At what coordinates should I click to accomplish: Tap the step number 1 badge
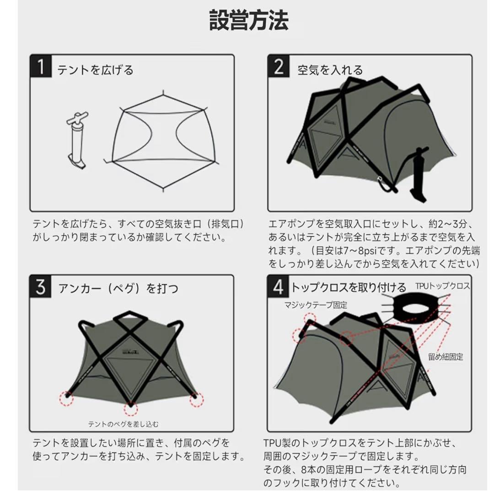point(41,67)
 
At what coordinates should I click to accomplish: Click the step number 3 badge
point(41,287)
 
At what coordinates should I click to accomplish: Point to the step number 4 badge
point(279,287)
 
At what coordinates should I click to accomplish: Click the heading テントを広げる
point(95,70)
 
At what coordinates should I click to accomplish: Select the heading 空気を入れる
point(330,70)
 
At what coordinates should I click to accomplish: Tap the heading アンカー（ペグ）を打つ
point(118,289)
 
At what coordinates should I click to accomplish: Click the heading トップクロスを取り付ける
point(349,288)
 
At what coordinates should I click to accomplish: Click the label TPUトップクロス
point(442,286)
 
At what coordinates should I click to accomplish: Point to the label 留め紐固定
point(446,356)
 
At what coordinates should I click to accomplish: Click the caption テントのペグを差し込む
point(123,424)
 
